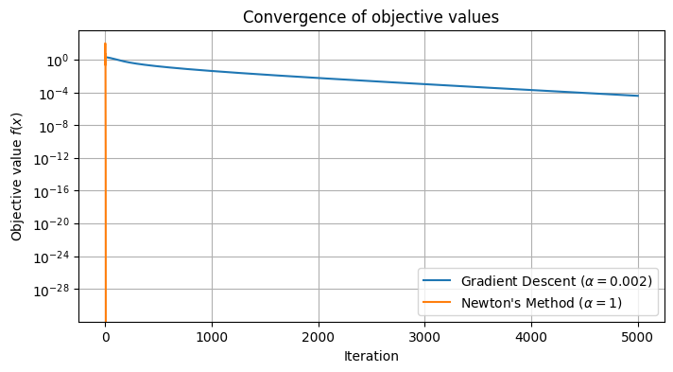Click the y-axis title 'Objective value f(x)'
point(16,174)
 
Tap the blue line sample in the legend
point(440,282)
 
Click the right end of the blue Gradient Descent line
point(638,96)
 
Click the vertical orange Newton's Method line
point(105,189)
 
